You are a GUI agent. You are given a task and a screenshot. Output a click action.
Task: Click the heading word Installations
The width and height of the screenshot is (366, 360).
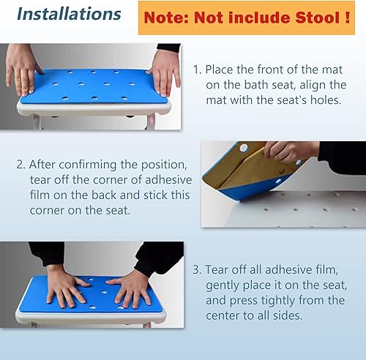coord(69,14)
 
